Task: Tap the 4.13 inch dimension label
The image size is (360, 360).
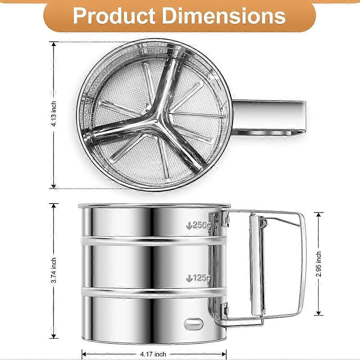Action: [54, 114]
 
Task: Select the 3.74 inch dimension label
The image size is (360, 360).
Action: [54, 270]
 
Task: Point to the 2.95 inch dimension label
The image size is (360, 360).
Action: [319, 264]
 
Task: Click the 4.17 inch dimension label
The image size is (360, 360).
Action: [153, 354]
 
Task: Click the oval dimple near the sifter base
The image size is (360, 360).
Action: [194, 324]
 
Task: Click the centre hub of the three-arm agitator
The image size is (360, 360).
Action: [156, 120]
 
